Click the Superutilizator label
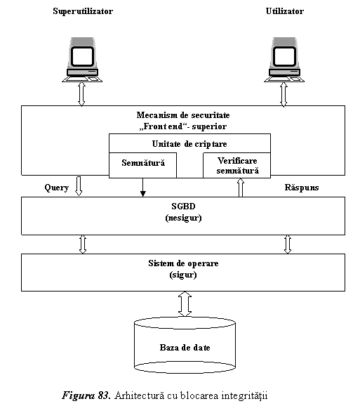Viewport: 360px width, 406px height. coord(83,11)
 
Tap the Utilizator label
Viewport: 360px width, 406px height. coord(285,11)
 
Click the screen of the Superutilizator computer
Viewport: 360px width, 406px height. coord(82,56)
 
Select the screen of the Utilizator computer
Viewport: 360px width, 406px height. coord(284,56)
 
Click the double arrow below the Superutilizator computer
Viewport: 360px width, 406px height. coord(81,94)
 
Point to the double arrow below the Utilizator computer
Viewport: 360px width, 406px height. coord(284,94)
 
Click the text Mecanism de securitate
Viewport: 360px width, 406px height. coord(183,115)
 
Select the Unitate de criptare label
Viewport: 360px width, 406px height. coord(189,144)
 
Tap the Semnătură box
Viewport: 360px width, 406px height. coord(142,165)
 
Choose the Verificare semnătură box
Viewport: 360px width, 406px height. coord(237,165)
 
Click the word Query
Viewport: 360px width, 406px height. coord(57,188)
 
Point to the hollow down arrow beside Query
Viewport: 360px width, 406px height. coord(79,186)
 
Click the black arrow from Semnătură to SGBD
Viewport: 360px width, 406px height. coord(142,187)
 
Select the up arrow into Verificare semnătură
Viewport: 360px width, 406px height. coord(241,188)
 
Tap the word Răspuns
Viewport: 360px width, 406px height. coord(302,188)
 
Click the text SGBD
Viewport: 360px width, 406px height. coord(183,207)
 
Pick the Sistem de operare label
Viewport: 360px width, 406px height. coord(183,263)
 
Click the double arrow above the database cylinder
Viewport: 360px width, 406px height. coord(185,304)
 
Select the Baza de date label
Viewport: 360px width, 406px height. coord(185,348)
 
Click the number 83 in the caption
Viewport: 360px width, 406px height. coord(105,395)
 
